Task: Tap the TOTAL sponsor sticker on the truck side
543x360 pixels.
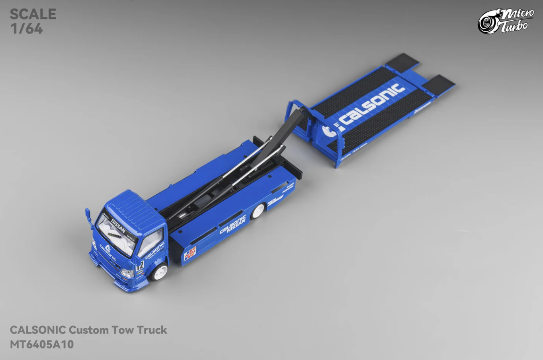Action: pyautogui.click(x=190, y=253)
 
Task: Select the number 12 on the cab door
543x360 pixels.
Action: pyautogui.click(x=140, y=266)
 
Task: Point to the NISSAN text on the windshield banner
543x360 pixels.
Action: pyautogui.click(x=118, y=226)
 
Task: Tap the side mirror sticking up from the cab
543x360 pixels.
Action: pyautogui.click(x=88, y=215)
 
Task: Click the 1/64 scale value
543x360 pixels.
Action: pyautogui.click(x=26, y=29)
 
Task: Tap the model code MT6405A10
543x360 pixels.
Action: pyautogui.click(x=42, y=344)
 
